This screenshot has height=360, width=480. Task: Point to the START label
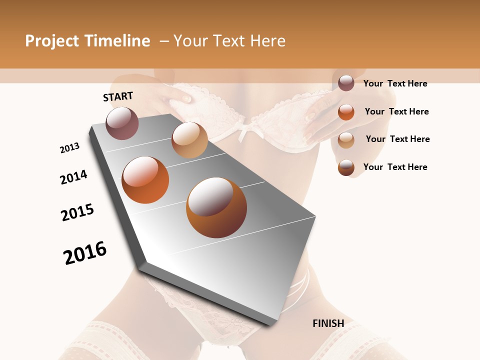(118, 96)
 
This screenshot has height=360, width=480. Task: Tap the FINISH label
(328, 323)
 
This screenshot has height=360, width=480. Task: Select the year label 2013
(69, 148)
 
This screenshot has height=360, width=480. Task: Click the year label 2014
(73, 177)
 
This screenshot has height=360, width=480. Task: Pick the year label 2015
(77, 212)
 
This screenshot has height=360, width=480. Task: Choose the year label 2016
(85, 253)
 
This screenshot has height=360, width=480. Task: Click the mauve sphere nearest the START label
(122, 123)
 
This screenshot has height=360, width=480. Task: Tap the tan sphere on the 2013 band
(189, 140)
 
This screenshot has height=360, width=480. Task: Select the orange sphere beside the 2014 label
(145, 180)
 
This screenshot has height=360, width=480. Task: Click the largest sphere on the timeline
(216, 207)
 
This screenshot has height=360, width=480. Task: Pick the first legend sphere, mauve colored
(346, 83)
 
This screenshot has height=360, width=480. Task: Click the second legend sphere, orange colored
(346, 111)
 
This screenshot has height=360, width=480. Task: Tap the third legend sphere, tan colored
(346, 139)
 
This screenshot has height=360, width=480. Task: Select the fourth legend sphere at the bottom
(346, 167)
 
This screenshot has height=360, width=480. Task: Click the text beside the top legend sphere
(395, 83)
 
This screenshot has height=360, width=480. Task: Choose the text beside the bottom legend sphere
(395, 167)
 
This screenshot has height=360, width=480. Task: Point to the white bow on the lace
(248, 132)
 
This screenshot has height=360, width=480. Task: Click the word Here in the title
(267, 41)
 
